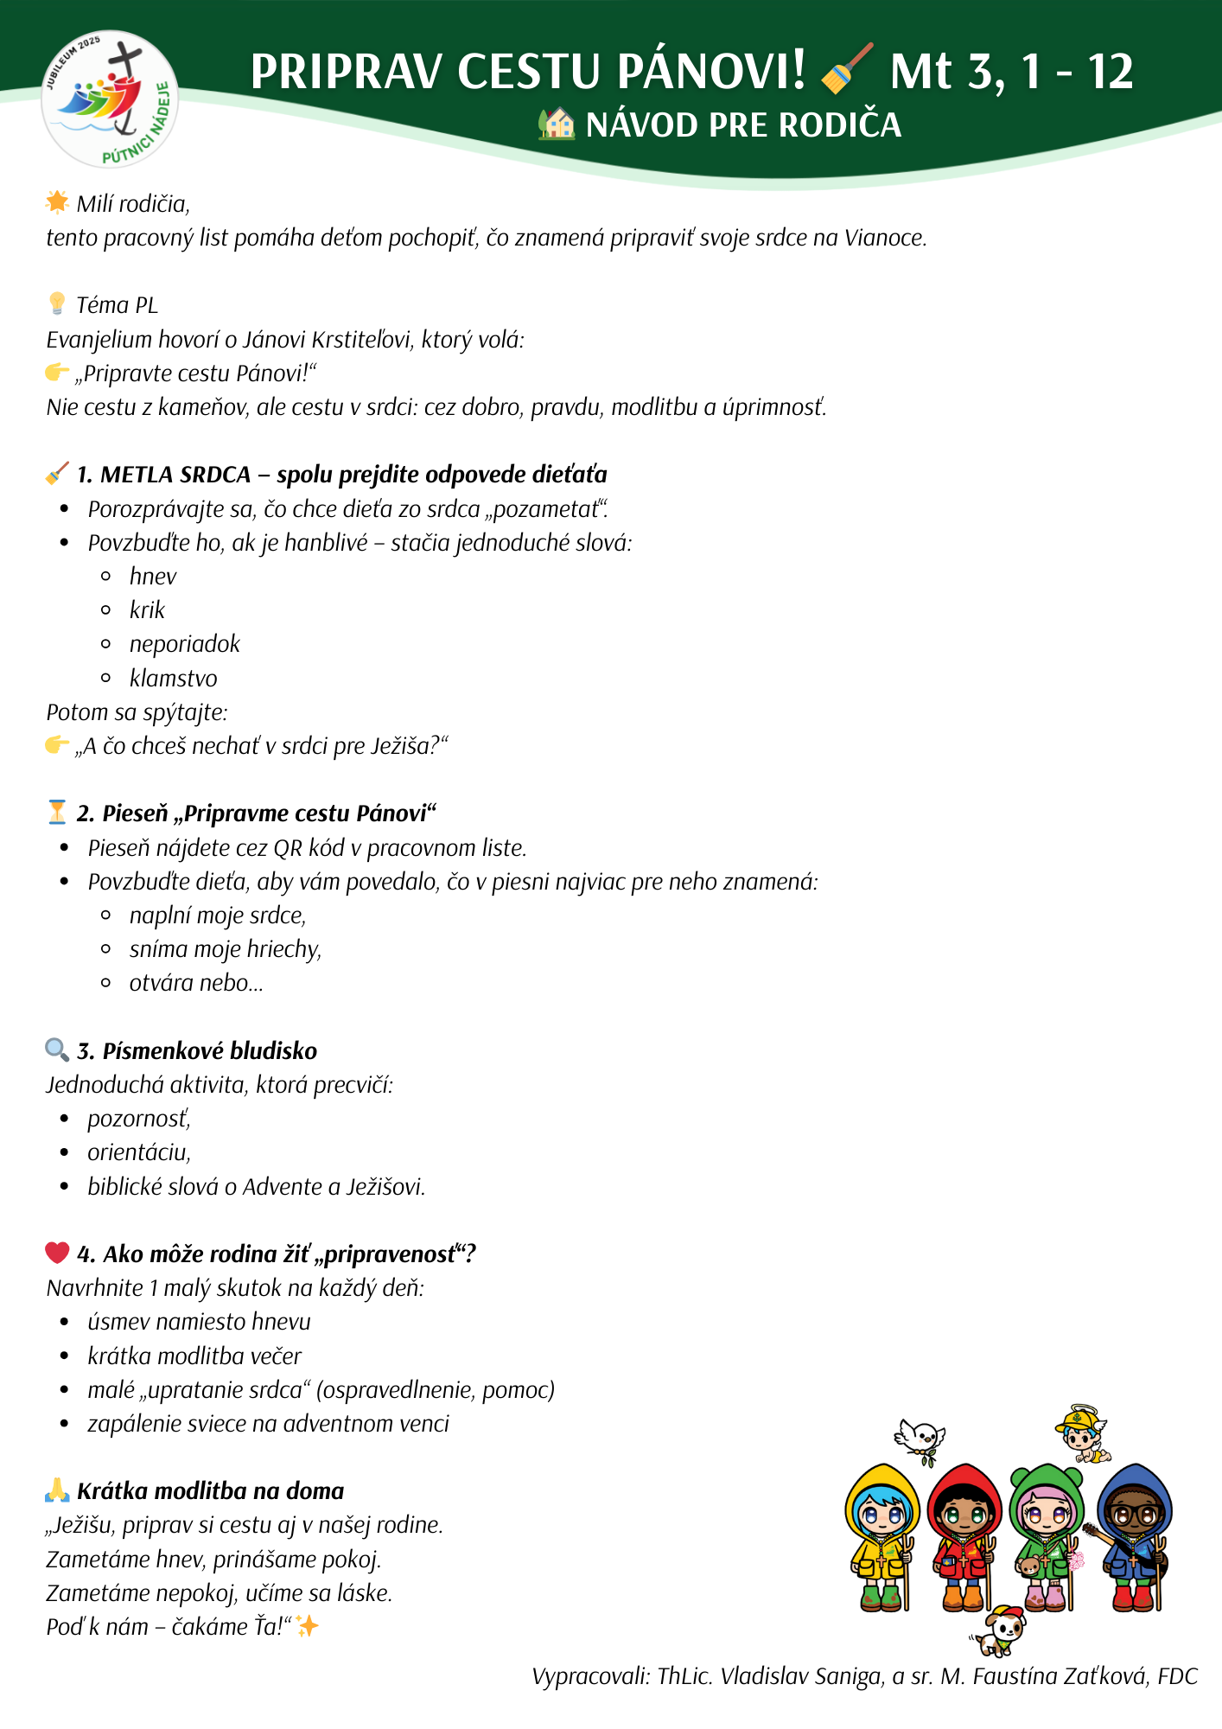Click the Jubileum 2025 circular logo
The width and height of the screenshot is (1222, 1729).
coord(110,99)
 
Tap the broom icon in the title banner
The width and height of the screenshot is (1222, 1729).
coord(846,68)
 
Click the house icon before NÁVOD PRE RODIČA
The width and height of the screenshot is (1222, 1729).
coord(556,124)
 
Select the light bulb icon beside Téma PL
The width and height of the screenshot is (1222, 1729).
coord(57,303)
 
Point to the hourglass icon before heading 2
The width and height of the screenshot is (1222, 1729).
coord(57,812)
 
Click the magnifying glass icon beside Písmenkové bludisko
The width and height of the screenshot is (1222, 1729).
coord(57,1050)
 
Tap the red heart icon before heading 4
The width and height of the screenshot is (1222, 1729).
coord(57,1253)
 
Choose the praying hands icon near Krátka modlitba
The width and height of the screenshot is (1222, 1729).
coord(57,1490)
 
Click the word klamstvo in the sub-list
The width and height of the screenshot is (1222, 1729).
coord(173,679)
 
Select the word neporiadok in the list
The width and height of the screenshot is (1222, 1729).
coord(184,644)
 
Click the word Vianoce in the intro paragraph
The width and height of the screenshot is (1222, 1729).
coord(884,238)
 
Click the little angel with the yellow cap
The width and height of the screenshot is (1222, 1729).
coord(1081,1434)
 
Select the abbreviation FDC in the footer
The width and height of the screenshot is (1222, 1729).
coord(1177,1676)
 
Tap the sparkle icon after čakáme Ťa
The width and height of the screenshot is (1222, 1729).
coord(307,1626)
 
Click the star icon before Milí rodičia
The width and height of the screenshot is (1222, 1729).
coord(57,202)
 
